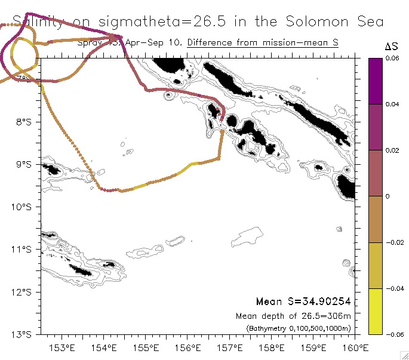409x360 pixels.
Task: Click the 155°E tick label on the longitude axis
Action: click(146, 348)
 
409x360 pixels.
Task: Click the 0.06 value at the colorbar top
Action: click(392, 59)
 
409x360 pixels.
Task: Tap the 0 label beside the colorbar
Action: click(388, 196)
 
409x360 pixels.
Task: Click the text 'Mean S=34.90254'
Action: click(303, 301)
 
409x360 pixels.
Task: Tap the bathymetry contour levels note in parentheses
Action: click(298, 328)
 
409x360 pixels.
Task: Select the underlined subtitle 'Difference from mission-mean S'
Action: click(263, 43)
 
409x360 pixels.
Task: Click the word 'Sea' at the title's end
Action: click(369, 22)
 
